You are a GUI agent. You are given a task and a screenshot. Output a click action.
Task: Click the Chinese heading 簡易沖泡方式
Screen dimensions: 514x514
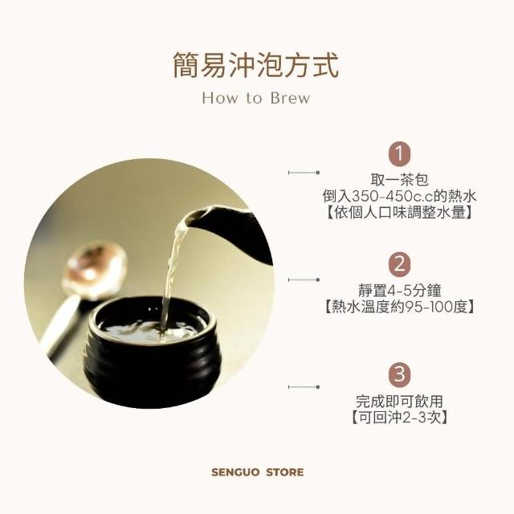point(255,66)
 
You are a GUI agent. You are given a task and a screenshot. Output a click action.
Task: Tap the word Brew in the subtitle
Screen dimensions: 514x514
point(290,98)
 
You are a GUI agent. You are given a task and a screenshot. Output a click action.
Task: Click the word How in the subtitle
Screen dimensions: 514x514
point(221,98)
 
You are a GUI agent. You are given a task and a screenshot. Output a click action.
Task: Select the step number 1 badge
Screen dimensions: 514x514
point(399,153)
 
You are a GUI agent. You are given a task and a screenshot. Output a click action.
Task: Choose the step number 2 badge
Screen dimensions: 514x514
point(399,264)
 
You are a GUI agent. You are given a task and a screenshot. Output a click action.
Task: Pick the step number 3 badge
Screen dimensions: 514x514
point(399,374)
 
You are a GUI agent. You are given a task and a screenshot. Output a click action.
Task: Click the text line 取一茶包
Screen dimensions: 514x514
point(399,180)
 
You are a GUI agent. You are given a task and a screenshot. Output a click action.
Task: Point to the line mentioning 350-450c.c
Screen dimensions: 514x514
point(399,196)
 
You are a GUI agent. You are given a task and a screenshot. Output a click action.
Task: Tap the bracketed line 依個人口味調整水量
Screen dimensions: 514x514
point(399,213)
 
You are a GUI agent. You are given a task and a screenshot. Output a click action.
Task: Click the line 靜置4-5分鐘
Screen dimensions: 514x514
point(399,290)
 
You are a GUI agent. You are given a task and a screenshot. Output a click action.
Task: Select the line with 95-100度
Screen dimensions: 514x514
point(399,307)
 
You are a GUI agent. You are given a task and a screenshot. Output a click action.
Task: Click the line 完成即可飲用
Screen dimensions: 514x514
point(399,401)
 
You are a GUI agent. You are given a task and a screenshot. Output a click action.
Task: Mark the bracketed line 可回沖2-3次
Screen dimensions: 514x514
point(399,418)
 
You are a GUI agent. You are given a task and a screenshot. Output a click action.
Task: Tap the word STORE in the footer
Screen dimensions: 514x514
point(284,472)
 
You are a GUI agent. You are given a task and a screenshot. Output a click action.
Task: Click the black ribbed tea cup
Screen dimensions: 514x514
point(152,352)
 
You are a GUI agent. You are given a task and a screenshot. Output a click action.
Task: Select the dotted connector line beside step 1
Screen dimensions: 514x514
point(304,173)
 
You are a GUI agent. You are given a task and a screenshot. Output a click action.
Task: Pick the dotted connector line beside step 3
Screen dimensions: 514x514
point(304,387)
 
